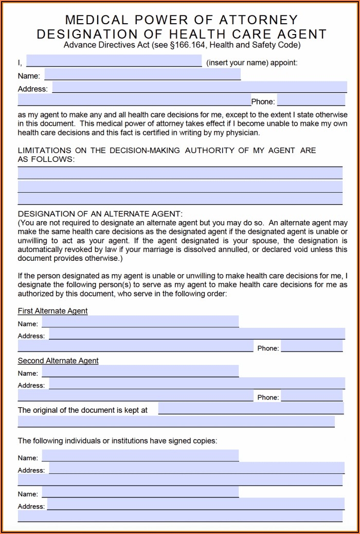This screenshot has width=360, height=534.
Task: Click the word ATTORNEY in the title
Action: pos(259,20)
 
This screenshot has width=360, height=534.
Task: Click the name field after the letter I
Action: pos(114,62)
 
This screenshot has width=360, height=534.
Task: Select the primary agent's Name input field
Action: pos(142,75)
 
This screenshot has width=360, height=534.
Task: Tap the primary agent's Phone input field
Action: pos(311,101)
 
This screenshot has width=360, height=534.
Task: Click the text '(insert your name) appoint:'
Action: pos(251,63)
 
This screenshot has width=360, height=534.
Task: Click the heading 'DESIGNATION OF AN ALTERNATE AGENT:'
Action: pos(100,213)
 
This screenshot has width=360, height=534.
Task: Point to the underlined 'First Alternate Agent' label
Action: pos(52,311)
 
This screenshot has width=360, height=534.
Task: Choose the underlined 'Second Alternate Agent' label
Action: pos(58,361)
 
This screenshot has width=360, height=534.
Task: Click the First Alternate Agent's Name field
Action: pos(140,323)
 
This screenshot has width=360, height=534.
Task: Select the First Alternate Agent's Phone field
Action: pos(312,347)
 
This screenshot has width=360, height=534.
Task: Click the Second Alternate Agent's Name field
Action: pos(140,372)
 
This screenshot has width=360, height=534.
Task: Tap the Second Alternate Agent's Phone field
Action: pos(312,396)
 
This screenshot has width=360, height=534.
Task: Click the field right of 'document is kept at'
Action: pos(250,409)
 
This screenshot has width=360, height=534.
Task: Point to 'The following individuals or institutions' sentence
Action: pos(117,441)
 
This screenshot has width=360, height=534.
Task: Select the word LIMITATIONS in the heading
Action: pos(44,151)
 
